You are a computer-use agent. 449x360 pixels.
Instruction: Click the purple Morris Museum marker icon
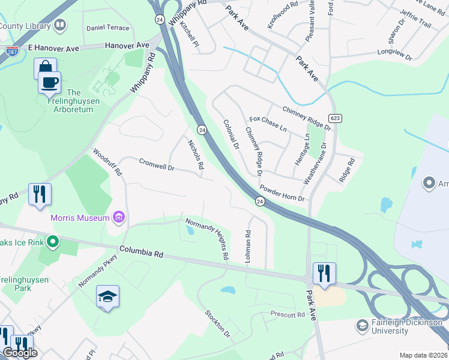pos(118,217)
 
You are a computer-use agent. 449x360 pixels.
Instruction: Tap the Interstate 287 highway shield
pos(11,52)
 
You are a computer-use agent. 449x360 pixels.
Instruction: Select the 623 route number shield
pos(334,118)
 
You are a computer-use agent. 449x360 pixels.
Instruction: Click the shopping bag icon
pos(45,68)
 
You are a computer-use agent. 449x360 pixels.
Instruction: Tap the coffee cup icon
pos(49,82)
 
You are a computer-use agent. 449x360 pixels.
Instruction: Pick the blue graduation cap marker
pos(107,296)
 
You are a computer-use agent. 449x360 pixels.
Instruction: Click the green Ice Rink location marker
pos(53,242)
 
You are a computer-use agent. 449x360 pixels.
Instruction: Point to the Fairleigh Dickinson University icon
pos(362,326)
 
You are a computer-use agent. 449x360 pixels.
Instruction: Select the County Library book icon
pos(59,25)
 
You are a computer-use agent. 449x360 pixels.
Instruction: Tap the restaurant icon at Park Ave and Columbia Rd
pos(324,273)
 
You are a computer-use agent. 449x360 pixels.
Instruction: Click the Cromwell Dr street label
pos(156,164)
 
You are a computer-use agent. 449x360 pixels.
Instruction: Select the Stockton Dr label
pos(217,324)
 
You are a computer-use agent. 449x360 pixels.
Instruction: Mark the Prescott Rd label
pos(288,315)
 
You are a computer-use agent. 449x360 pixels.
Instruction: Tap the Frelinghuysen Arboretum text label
pos(73,101)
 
